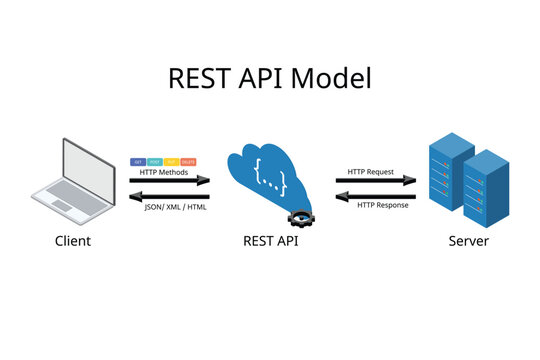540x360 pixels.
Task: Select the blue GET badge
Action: point(138,161)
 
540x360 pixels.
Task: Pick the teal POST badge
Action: point(155,161)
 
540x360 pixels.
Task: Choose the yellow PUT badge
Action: point(172,161)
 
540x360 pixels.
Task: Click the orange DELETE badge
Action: point(188,161)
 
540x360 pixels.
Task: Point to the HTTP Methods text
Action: point(164,171)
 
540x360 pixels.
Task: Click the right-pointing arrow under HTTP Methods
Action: point(169,182)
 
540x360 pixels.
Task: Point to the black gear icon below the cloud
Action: point(299,217)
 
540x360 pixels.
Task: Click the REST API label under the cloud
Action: point(271,241)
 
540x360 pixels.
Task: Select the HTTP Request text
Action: point(369,171)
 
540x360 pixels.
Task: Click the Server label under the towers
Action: point(469,241)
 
